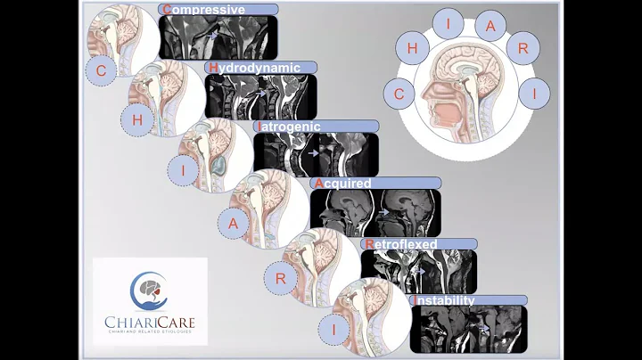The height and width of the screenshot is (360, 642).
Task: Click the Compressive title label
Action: coord(218,10)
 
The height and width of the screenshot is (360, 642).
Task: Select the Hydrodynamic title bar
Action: coord(260,67)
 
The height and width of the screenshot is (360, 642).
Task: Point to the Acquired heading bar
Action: coord(374,183)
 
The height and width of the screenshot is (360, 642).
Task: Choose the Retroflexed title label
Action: coord(417,242)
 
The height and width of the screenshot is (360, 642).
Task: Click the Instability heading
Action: coord(468,299)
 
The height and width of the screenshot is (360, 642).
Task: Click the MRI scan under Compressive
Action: coord(218,37)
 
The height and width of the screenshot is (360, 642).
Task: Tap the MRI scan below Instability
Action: coord(467,328)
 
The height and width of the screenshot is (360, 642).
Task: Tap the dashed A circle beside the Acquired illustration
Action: coord(234,223)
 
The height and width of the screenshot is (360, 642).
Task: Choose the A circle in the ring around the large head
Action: coord(490,25)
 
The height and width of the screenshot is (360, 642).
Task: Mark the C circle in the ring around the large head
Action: coord(400,91)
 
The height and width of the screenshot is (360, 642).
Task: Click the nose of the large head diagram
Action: coord(426,98)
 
